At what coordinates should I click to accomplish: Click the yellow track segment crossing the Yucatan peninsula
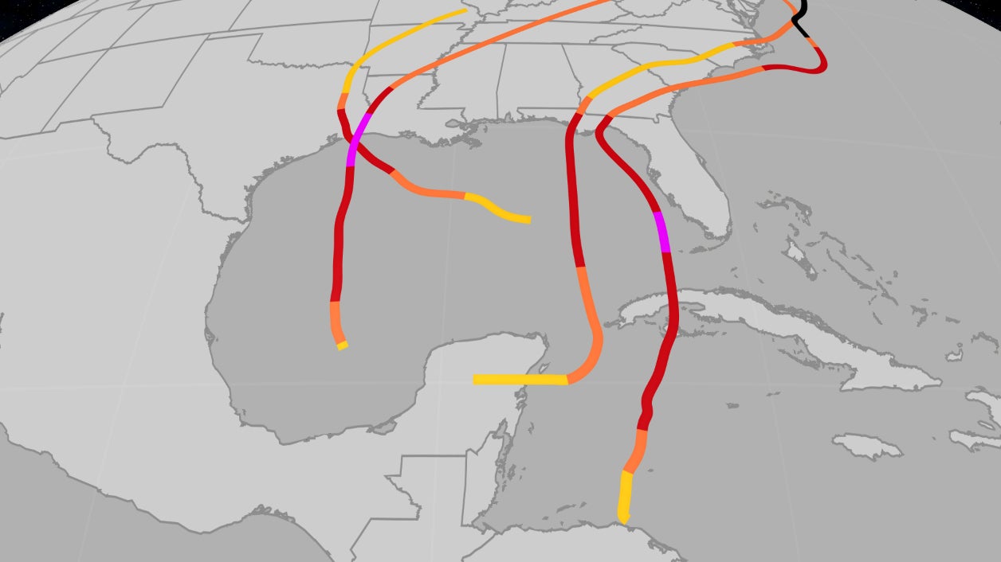click(x=518, y=379)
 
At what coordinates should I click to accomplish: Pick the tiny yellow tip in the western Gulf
click(x=342, y=345)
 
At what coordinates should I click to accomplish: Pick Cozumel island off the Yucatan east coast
click(x=541, y=369)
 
